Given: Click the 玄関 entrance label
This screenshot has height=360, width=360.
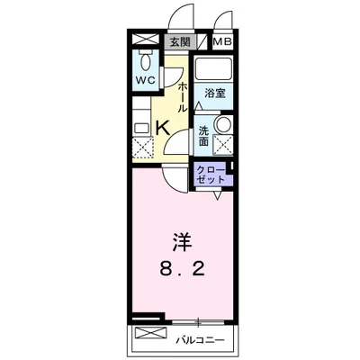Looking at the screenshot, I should click(x=179, y=41).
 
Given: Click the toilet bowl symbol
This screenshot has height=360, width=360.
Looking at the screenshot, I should click(x=145, y=62).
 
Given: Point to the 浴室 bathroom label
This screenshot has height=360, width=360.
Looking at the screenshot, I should click(x=213, y=93).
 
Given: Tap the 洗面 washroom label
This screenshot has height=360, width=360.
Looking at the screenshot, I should click(x=204, y=135).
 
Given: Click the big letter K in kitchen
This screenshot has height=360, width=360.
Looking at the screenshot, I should click(x=163, y=128).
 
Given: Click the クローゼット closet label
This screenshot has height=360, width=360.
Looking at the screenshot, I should click(x=210, y=175).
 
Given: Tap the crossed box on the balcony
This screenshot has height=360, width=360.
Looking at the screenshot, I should click(x=146, y=337).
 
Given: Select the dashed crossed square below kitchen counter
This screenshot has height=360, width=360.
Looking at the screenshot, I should click(x=142, y=148).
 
